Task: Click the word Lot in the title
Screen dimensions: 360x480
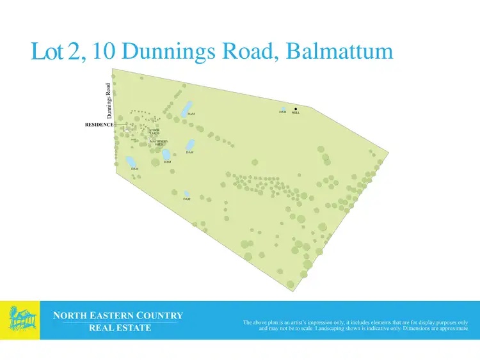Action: (49, 52)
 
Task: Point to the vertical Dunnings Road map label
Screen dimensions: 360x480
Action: (109, 101)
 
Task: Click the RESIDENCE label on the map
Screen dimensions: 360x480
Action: (99, 125)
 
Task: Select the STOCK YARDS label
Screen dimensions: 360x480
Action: (155, 132)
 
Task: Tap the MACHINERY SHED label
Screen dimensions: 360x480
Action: (159, 143)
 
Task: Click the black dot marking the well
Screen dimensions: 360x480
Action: (296, 109)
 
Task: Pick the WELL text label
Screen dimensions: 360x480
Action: (296, 113)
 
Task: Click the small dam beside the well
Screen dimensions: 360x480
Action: (284, 109)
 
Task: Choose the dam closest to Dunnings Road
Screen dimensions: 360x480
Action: (131, 161)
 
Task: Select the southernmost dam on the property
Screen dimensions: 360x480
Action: (187, 194)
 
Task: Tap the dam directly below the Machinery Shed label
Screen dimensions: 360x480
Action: (166, 155)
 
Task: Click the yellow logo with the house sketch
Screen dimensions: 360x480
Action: (20, 320)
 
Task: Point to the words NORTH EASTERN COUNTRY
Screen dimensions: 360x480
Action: (118, 315)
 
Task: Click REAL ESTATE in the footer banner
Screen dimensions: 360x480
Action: (120, 328)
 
